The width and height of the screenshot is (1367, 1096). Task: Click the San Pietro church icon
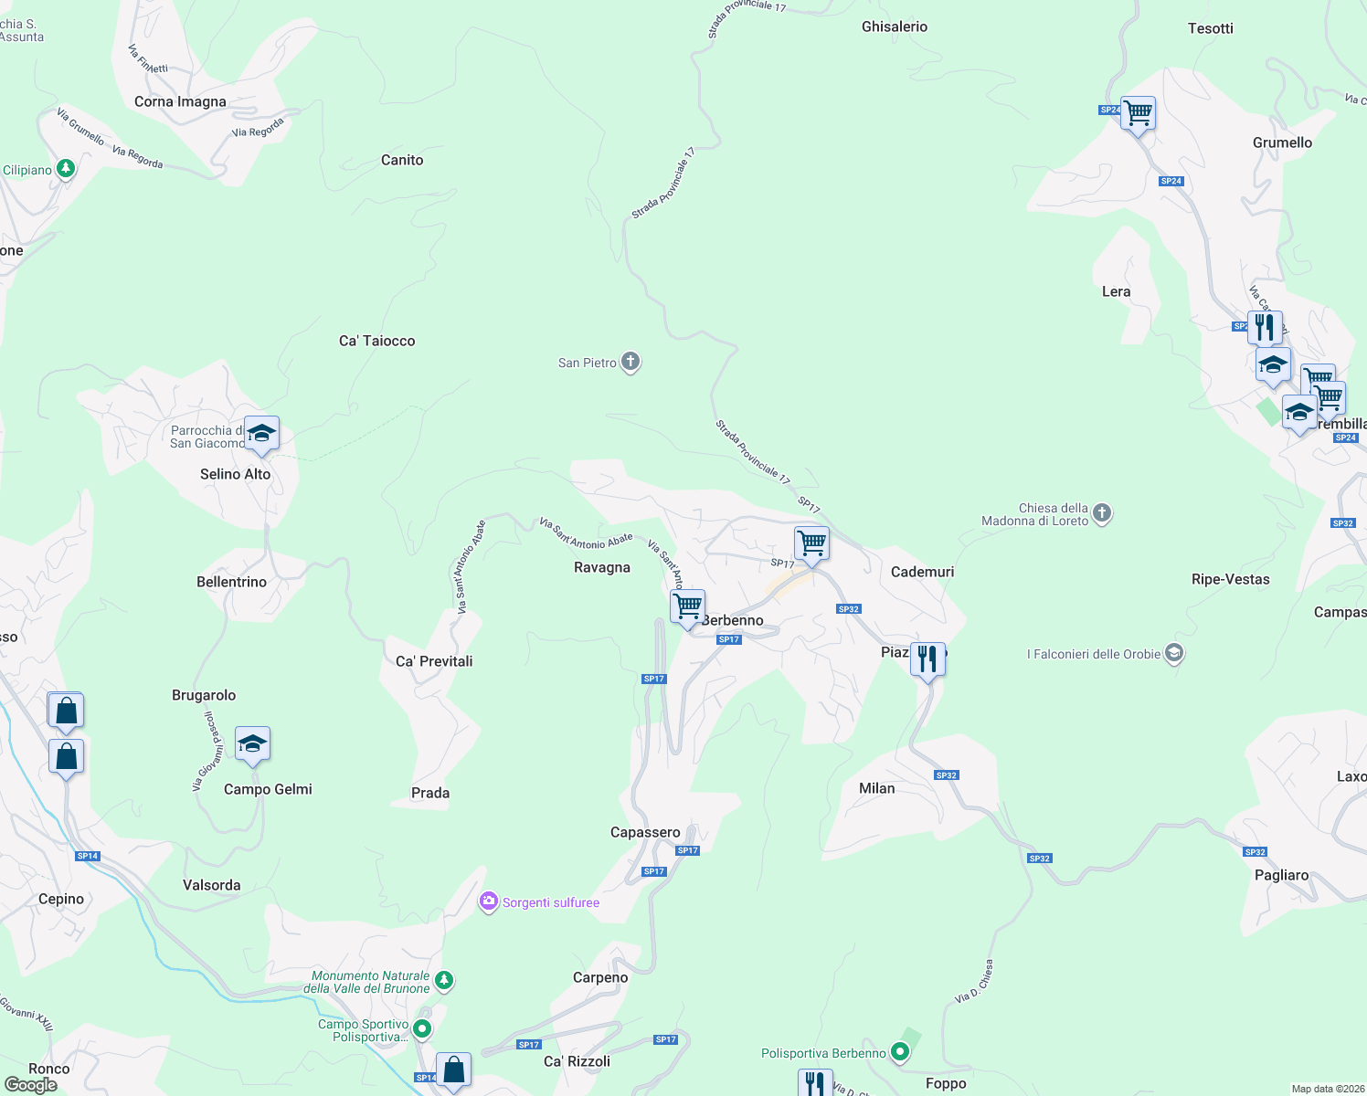tap(631, 362)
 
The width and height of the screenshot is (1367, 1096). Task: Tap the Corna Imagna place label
tap(180, 101)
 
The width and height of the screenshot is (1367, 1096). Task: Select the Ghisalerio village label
tap(894, 26)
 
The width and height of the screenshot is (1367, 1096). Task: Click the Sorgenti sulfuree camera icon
tap(489, 902)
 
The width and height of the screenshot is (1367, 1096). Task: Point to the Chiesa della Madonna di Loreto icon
tap(1102, 512)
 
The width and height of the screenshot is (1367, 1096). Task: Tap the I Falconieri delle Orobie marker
tap(1174, 653)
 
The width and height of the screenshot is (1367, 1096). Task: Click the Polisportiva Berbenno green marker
tap(900, 1052)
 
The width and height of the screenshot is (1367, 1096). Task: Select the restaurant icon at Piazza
tap(927, 659)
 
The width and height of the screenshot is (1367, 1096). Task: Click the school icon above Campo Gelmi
tap(252, 744)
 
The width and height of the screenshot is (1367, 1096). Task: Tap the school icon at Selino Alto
tap(261, 434)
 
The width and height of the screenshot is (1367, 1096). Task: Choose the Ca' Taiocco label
tap(376, 341)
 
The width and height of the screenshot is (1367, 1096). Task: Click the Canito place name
tap(402, 160)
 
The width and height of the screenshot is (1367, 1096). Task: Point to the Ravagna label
tap(601, 567)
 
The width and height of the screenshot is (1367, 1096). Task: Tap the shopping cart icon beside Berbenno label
tap(687, 606)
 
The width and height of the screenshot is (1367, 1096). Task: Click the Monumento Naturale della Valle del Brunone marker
tap(443, 981)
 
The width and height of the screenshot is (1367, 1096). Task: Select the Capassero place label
tap(645, 832)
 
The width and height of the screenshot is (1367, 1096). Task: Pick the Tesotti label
tap(1210, 28)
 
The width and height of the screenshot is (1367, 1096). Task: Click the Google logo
tap(30, 1084)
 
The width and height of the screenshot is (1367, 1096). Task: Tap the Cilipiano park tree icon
tap(65, 169)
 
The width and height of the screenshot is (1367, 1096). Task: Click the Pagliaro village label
tap(1281, 875)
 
